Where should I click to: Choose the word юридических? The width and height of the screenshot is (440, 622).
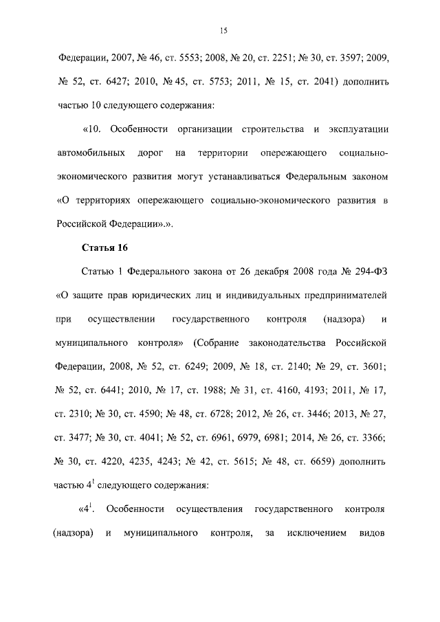pyautogui.click(x=150, y=296)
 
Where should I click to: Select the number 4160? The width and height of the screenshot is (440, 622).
pyautogui.click(x=272, y=389)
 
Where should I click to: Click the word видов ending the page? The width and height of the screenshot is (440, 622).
pyautogui.click(x=374, y=533)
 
